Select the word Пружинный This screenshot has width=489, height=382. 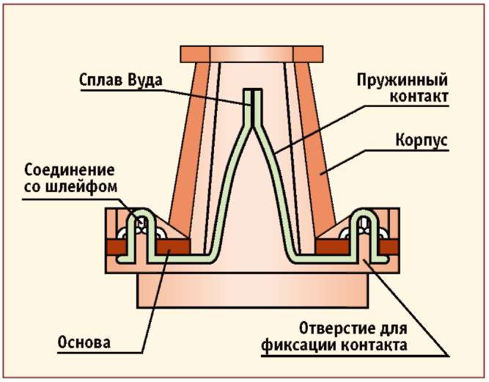pyautogui.click(x=402, y=81)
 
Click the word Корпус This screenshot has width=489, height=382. pyautogui.click(x=422, y=140)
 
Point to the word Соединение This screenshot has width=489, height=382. pyautogui.click(x=70, y=170)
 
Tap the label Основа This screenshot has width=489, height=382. pyautogui.click(x=84, y=342)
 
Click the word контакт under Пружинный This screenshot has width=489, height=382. pyautogui.click(x=419, y=97)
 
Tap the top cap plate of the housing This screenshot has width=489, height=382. pyautogui.click(x=251, y=54)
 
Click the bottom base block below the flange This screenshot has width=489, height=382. pyautogui.click(x=253, y=290)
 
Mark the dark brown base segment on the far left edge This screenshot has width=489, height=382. pyautogui.click(x=116, y=247)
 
